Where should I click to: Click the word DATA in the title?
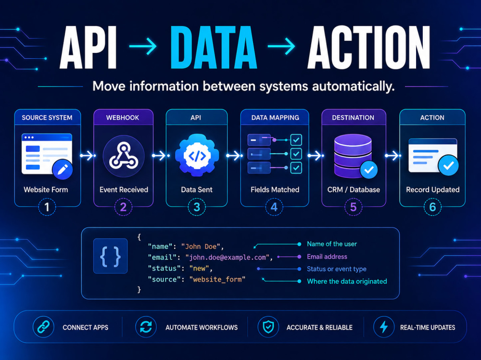pyautogui.click(x=214, y=47)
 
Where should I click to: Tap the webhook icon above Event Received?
pyautogui.click(x=123, y=156)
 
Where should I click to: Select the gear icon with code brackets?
pyautogui.click(x=197, y=155)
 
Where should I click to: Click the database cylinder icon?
pyautogui.click(x=353, y=156)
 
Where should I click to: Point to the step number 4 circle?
pyautogui.click(x=274, y=207)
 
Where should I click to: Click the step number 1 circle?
pyautogui.click(x=47, y=207)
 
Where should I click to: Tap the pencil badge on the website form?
pyautogui.click(x=63, y=170)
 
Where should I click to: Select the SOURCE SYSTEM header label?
pyautogui.click(x=47, y=118)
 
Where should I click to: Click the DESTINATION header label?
pyautogui.click(x=353, y=118)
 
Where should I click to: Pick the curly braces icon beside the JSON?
pyautogui.click(x=111, y=256)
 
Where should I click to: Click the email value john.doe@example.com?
pyautogui.click(x=228, y=257)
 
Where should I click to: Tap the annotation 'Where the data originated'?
pyautogui.click(x=347, y=282)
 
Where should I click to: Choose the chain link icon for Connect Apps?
pyautogui.click(x=44, y=327)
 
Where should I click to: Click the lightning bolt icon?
pyautogui.click(x=384, y=327)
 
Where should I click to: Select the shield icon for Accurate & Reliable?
pyautogui.click(x=268, y=327)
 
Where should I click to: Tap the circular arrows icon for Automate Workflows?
pyautogui.click(x=146, y=327)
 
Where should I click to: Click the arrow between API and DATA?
pyautogui.click(x=143, y=46)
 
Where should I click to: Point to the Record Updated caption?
pyautogui.click(x=432, y=190)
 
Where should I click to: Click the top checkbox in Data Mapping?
pyautogui.click(x=296, y=140)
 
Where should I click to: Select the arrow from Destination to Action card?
pyautogui.click(x=393, y=156)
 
